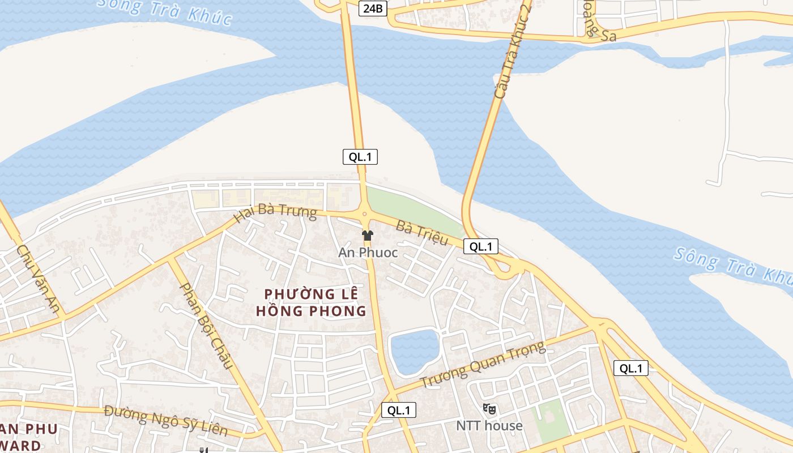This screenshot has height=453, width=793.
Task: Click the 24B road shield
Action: pyautogui.click(x=372, y=8)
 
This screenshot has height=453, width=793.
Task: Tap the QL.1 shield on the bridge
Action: pyautogui.click(x=360, y=157)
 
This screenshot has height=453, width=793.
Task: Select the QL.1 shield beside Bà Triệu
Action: pyautogui.click(x=481, y=246)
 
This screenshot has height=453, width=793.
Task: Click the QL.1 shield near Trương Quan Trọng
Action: pyautogui.click(x=399, y=410)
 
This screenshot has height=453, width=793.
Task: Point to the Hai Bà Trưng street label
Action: pyautogui.click(x=275, y=213)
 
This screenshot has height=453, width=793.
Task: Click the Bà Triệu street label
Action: pyautogui.click(x=422, y=233)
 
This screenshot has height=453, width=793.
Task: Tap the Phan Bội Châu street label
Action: pyautogui.click(x=206, y=325)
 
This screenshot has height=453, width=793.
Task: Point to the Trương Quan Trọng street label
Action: pyautogui.click(x=483, y=364)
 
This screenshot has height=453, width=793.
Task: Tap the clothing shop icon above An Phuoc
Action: pyautogui.click(x=368, y=235)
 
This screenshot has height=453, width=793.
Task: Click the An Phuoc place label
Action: pyautogui.click(x=368, y=253)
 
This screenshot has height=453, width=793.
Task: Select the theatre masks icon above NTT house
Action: pyautogui.click(x=489, y=408)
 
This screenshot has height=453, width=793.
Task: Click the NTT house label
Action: pyautogui.click(x=489, y=425)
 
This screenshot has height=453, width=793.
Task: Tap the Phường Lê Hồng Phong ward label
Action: pyautogui.click(x=311, y=302)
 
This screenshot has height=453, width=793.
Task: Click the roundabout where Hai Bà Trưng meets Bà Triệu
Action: pyautogui.click(x=364, y=214)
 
